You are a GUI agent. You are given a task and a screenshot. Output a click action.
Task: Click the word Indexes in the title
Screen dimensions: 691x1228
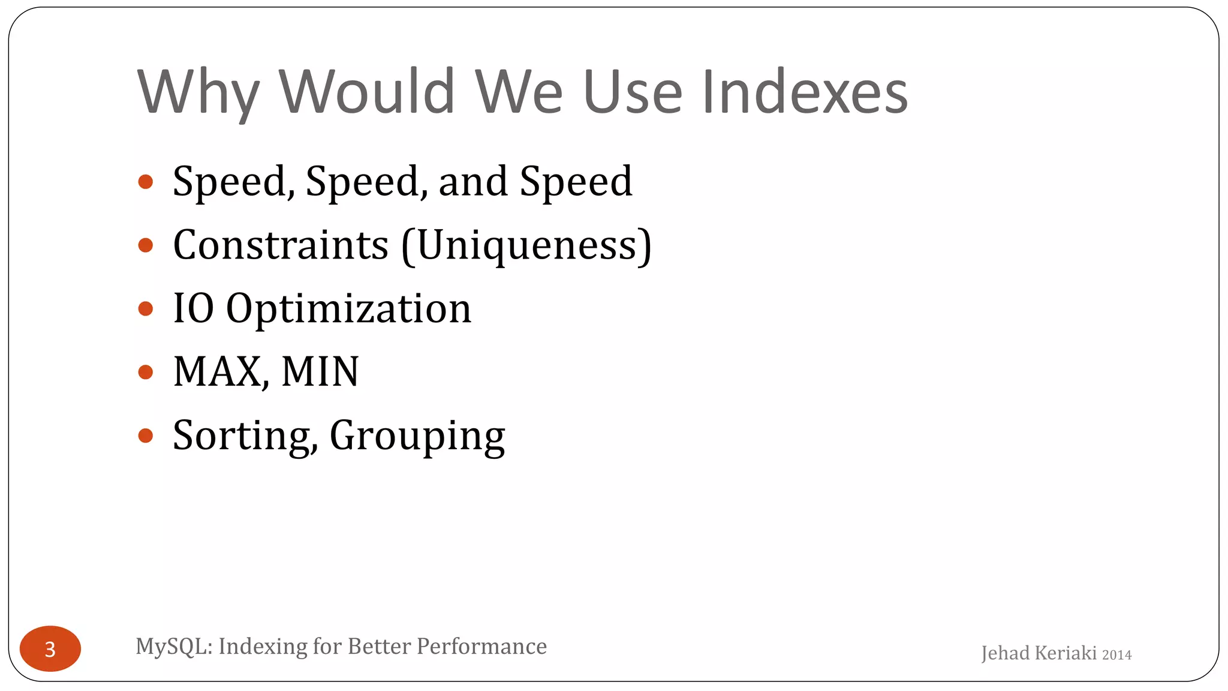pos(805,92)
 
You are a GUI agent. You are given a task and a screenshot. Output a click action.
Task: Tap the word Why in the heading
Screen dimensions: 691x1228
pos(198,93)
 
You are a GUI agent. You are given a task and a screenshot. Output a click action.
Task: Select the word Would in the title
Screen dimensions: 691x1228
pos(367,92)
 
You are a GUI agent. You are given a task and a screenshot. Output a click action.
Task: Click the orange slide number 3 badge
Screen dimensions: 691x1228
pos(50,648)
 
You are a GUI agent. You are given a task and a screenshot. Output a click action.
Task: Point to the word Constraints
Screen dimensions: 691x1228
pos(281,245)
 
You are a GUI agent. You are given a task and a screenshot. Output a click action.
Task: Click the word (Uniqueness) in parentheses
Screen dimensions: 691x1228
pos(526,247)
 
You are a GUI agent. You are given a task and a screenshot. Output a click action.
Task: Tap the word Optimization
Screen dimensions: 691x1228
pos(348,309)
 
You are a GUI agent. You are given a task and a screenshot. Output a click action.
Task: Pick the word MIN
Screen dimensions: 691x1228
pos(320,372)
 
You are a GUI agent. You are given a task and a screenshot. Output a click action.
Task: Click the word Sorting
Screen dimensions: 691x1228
pos(242,436)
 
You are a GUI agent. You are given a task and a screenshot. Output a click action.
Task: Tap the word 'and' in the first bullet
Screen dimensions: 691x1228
pos(472,182)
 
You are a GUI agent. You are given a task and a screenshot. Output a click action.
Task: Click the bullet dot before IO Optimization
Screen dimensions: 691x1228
pos(146,309)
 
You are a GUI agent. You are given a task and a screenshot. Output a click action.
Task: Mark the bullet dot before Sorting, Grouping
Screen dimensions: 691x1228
pos(146,435)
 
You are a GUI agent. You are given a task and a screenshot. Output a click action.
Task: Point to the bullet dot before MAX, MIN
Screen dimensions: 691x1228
pos(146,372)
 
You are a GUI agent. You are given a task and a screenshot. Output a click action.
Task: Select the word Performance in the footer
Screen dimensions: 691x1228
pos(481,647)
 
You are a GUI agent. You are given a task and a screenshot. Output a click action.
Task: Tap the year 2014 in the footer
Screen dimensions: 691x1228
pos(1116,655)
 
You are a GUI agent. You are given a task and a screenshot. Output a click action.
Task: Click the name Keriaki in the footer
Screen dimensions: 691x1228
pos(1063,653)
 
